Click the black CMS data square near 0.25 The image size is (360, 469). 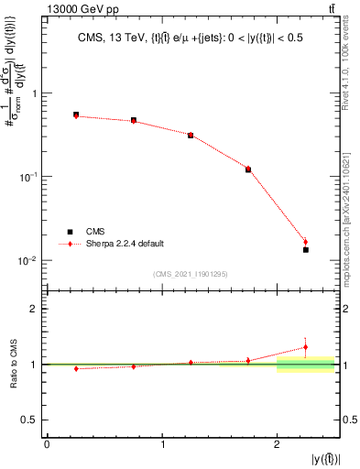pos(76,115)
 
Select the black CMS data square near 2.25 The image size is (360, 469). pos(306,249)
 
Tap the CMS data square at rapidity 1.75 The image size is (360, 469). pos(248,169)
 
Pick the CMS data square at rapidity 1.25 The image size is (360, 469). pos(191,135)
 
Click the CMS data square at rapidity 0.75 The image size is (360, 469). pos(134,120)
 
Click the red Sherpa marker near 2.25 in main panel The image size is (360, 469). pos(306,242)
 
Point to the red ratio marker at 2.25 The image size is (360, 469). pos(306,347)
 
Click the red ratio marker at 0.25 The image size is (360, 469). pos(76,368)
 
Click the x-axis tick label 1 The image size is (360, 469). pos(162,444)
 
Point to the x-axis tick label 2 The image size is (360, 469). pos(277,444)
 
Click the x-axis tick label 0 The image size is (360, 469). pos(47,444)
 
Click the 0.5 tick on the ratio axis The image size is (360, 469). pos(32,420)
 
